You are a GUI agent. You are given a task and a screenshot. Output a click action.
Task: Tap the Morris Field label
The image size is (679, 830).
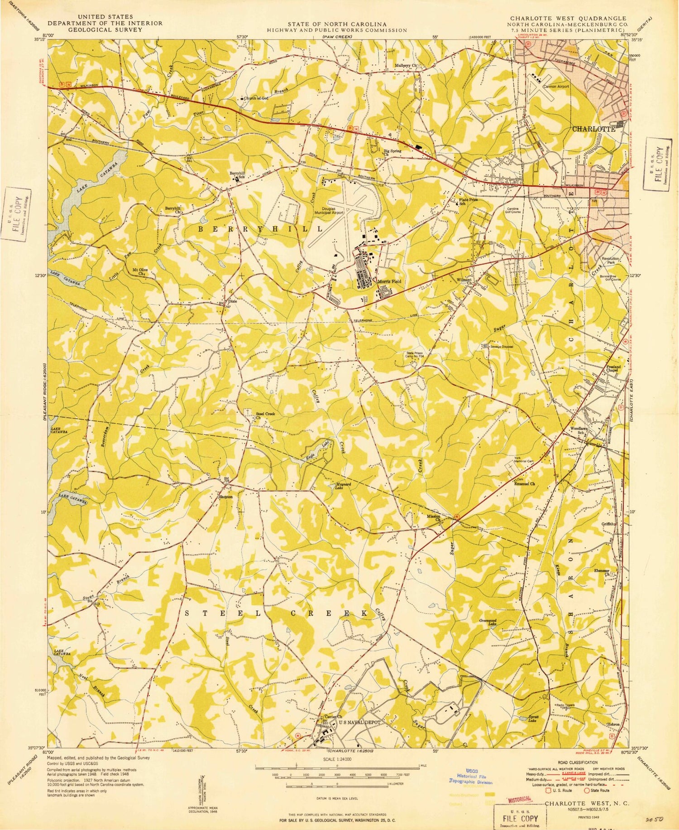click(x=389, y=281)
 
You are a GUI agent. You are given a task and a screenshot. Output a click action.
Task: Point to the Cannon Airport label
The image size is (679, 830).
click(x=556, y=86)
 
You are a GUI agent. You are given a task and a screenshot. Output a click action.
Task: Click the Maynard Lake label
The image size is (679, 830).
click(x=343, y=487)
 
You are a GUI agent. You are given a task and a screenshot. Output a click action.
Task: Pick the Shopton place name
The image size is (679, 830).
click(x=225, y=497)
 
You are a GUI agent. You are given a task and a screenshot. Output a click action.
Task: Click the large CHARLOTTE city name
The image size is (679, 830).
click(x=593, y=129)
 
